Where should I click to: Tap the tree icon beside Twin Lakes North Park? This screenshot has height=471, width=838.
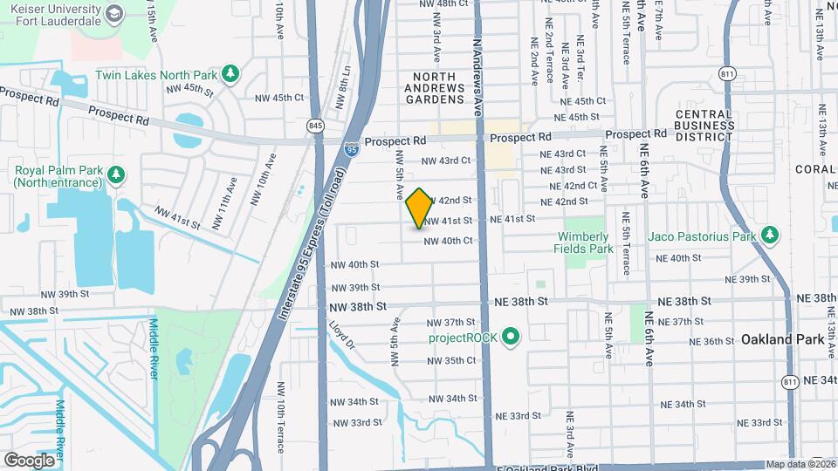tap(230, 73)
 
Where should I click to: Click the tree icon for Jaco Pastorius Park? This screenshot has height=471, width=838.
tap(769, 236)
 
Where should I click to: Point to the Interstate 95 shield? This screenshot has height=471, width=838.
tap(351, 149)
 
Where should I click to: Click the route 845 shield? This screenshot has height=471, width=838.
tap(315, 127)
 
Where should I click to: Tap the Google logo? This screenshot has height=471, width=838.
tap(30, 460)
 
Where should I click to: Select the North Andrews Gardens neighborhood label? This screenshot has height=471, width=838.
tap(434, 88)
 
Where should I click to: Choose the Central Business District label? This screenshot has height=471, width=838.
tap(704, 126)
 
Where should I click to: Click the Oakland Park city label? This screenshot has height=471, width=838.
tap(777, 339)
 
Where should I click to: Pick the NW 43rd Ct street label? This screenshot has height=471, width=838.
tap(446, 160)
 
